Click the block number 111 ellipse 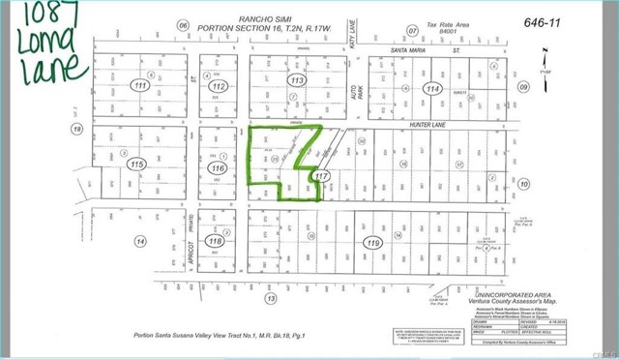click(x=143, y=87)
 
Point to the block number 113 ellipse click(x=297, y=81)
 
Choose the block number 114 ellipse click(x=431, y=88)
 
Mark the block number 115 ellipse click(x=138, y=165)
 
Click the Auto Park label click(x=354, y=95)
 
